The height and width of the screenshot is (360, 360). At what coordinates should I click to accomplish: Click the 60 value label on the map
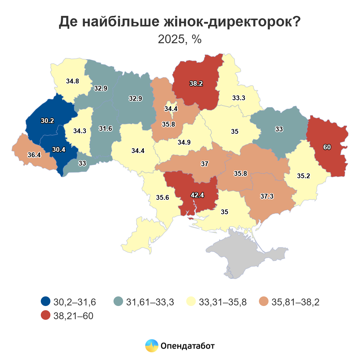pyautogui.click(x=327, y=147)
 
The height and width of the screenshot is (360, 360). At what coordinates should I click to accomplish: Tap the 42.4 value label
pyautogui.click(x=197, y=195)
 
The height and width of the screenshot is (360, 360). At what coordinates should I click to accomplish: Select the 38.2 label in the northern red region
pyautogui.click(x=196, y=83)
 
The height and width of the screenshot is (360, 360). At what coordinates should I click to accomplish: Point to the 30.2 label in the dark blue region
pyautogui.click(x=47, y=121)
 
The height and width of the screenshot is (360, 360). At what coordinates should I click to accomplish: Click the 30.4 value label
pyautogui.click(x=58, y=149)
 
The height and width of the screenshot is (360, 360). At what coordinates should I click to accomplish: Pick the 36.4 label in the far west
pyautogui.click(x=34, y=155)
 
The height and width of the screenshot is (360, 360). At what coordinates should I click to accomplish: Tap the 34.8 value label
pyautogui.click(x=73, y=81)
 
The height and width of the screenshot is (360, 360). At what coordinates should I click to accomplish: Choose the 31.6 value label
pyautogui.click(x=105, y=128)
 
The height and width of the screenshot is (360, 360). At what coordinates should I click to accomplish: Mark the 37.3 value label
pyautogui.click(x=267, y=196)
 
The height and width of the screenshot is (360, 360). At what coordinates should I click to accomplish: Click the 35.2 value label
pyautogui.click(x=303, y=176)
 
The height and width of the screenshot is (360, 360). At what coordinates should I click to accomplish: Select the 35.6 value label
pyautogui.click(x=162, y=197)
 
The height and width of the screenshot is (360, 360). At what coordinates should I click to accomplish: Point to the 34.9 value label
pyautogui.click(x=184, y=142)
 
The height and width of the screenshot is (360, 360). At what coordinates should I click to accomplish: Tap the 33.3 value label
pyautogui.click(x=238, y=98)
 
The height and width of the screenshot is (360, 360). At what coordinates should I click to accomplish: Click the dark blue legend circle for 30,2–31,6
pyautogui.click(x=46, y=301)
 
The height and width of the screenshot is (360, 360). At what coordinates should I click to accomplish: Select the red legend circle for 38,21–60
pyautogui.click(x=46, y=316)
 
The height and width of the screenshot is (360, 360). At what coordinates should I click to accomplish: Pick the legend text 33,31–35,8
pyautogui.click(x=223, y=302)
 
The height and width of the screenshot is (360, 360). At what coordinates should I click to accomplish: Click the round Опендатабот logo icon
pyautogui.click(x=151, y=346)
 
